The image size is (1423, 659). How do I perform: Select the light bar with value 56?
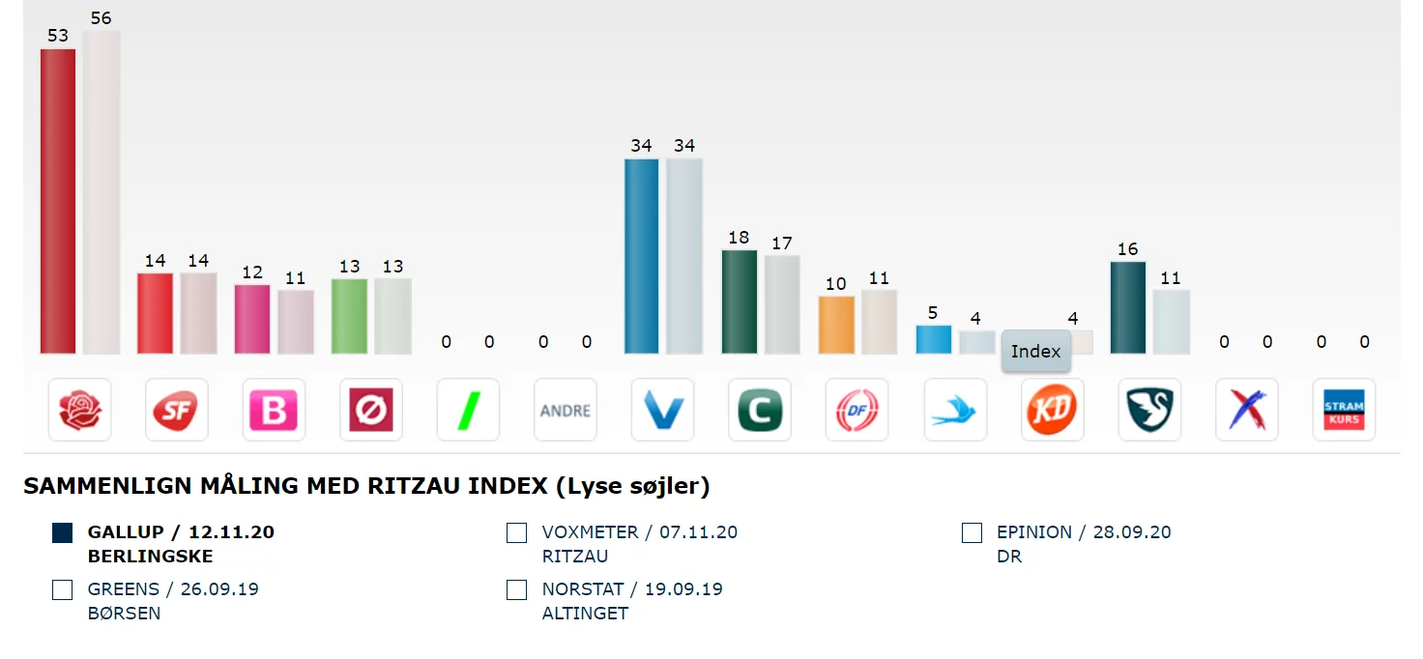point(102,192)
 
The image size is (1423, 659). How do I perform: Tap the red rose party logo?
point(80,411)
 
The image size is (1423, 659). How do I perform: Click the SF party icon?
point(177,411)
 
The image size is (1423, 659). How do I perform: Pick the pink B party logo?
point(274,411)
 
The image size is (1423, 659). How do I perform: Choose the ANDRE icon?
point(566,411)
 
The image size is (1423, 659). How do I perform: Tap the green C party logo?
point(760,411)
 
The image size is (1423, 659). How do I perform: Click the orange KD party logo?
point(1052,411)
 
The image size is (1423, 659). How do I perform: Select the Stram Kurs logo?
point(1344,411)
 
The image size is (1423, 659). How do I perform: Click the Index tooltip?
point(1035,352)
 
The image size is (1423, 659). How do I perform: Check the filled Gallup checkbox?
point(63,532)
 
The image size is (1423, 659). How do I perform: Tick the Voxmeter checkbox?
point(517,532)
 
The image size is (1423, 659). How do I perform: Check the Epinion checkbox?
point(972,532)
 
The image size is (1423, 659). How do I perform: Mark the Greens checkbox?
point(63,589)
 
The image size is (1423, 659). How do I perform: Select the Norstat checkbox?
point(517,589)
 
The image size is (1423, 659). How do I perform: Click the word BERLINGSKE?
point(150,557)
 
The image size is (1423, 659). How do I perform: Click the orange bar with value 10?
point(836,325)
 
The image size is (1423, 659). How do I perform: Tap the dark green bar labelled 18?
point(740,301)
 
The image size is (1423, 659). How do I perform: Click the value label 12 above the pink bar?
point(252,272)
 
